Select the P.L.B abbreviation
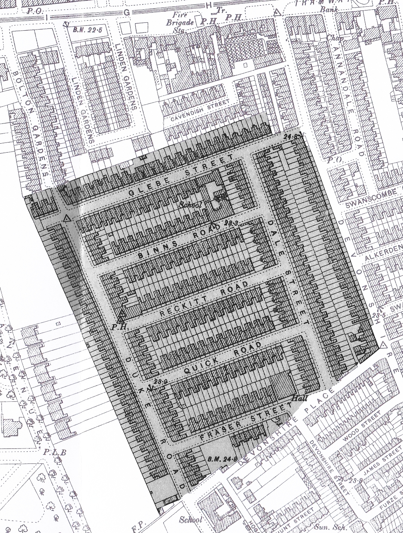click(55, 453)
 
